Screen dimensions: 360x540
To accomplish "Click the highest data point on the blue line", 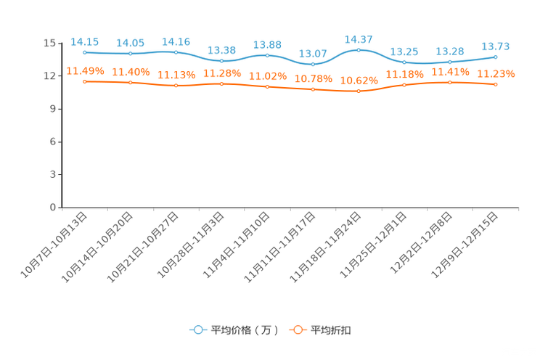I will (359, 49).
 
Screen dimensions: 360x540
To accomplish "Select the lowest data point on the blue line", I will (313, 65).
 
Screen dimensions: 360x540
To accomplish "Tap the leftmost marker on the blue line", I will (85, 52).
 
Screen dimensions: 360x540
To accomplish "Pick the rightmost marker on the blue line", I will (496, 57).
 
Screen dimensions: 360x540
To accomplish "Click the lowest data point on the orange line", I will (359, 91).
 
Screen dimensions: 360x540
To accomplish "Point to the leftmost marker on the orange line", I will (85, 81).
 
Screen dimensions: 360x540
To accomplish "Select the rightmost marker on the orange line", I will (496, 84).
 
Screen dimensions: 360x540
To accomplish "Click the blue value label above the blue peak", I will (359, 38).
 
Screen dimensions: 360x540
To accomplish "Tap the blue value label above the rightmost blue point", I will (496, 46).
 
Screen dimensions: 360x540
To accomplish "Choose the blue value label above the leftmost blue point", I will (85, 41).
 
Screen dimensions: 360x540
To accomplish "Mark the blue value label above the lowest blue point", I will (313, 53).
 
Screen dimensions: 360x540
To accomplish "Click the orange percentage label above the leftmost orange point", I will (85, 70).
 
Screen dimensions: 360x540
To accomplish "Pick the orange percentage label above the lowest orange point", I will (359, 79).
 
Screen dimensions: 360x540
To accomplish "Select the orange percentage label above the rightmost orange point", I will (496, 73).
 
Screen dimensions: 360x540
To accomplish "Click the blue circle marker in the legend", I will (197, 330).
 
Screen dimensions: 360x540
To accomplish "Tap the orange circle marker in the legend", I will (297, 330).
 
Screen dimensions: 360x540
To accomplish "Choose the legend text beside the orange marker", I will (331, 330).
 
